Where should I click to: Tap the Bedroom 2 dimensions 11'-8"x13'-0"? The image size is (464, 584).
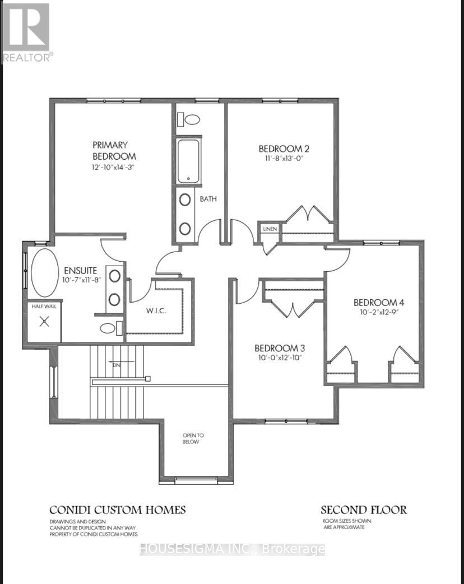(284, 159)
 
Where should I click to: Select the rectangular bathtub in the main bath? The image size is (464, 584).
(189, 161)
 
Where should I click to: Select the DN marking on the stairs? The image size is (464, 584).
(117, 365)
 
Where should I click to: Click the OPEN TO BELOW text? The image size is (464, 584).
(191, 438)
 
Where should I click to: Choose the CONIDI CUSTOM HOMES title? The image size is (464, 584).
(117, 510)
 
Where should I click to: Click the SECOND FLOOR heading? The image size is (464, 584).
(363, 510)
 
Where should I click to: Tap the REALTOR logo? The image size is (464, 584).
(27, 31)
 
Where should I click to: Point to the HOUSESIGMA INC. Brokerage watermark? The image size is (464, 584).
(231, 549)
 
